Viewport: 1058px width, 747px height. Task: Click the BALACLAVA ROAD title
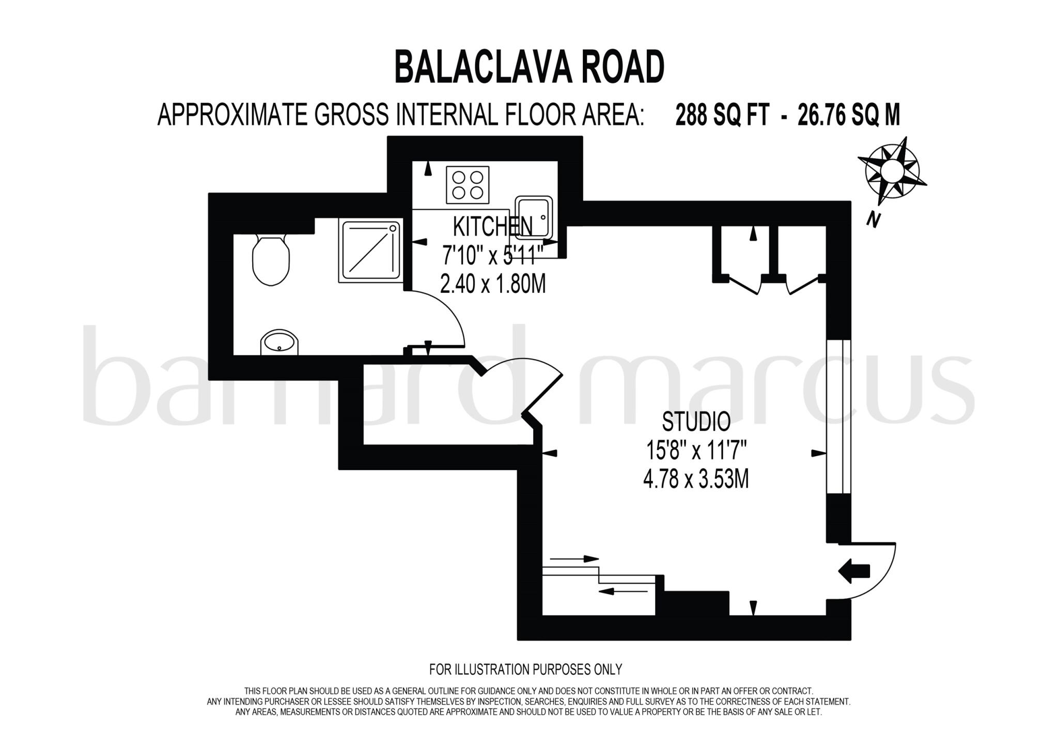(x=529, y=68)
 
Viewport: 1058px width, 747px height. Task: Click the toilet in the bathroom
(x=271, y=260)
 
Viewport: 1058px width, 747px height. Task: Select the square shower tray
(x=370, y=251)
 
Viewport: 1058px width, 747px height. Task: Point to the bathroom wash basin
(x=279, y=343)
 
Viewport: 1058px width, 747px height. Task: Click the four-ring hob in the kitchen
(x=468, y=185)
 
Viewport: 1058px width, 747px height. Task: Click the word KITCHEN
(x=492, y=226)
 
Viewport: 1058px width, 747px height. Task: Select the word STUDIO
(x=696, y=422)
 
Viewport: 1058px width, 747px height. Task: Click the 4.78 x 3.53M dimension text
(x=696, y=480)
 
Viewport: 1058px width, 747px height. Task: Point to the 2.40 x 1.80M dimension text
(x=492, y=284)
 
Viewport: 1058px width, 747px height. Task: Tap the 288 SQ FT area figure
(x=723, y=115)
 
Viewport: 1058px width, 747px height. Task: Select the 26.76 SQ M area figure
(x=849, y=115)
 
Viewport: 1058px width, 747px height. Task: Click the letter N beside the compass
(x=873, y=220)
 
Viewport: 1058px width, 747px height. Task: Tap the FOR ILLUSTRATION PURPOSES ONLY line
(x=525, y=670)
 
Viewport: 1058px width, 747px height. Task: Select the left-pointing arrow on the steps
(x=625, y=592)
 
